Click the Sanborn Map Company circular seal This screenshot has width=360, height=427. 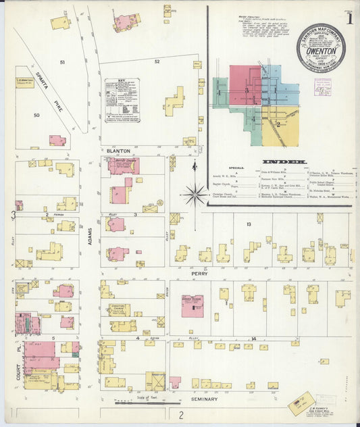[320, 47]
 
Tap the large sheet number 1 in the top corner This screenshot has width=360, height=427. [348, 20]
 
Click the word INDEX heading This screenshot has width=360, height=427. [284, 162]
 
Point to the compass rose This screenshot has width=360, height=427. [195, 195]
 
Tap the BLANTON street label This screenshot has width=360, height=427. [118, 151]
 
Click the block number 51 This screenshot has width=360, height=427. [61, 62]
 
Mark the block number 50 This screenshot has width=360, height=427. [37, 116]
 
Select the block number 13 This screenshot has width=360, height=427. [249, 224]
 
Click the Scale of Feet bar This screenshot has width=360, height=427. [138, 403]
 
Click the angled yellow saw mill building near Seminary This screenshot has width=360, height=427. [301, 403]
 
